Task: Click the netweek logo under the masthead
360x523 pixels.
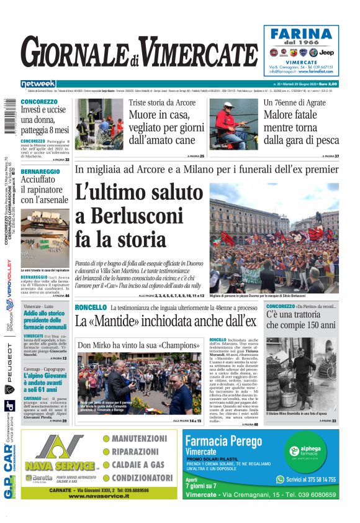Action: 38,83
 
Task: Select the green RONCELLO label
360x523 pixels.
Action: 91,307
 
